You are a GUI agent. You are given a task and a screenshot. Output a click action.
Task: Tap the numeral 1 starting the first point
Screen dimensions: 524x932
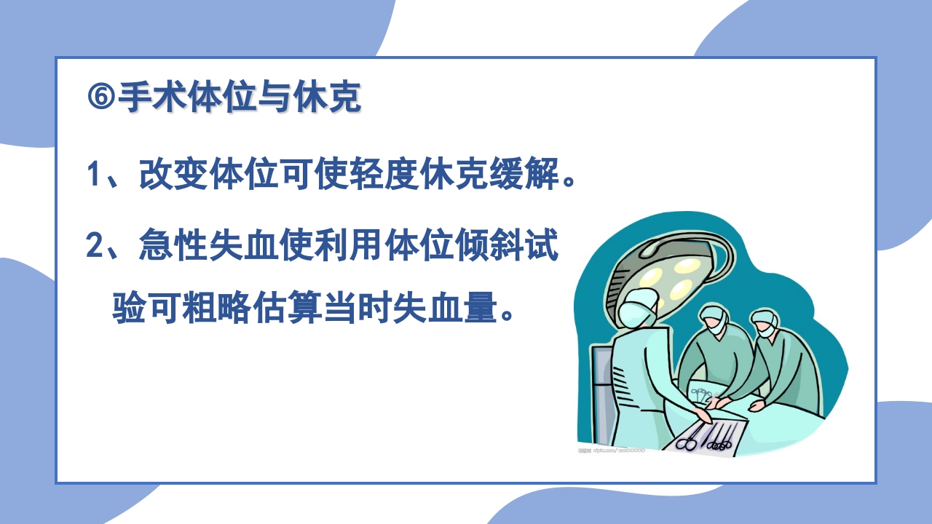coord(93,175)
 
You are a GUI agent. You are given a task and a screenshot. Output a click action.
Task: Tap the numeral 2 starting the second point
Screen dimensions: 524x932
coord(94,247)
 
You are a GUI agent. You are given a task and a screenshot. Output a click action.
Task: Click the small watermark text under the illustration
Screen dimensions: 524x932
coord(612,452)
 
